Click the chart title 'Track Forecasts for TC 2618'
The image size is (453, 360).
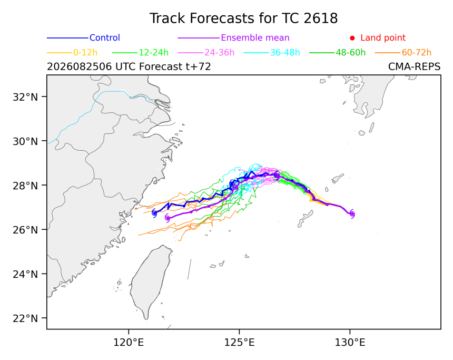click(243, 18)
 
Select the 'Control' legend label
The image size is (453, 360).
click(105, 38)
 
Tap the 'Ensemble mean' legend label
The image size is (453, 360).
click(255, 38)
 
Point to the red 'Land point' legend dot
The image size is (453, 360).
click(352, 38)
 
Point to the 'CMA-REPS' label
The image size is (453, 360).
click(415, 67)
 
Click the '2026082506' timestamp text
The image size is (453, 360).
click(80, 67)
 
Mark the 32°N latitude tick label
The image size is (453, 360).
click(25, 97)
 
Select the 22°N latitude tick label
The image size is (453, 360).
click(25, 318)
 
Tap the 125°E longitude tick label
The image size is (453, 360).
click(240, 343)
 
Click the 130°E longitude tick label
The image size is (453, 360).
click(350, 343)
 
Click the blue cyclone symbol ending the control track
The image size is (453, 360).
click(154, 213)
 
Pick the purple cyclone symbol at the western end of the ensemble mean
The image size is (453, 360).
click(168, 218)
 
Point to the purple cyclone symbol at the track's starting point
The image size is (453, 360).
click(352, 214)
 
